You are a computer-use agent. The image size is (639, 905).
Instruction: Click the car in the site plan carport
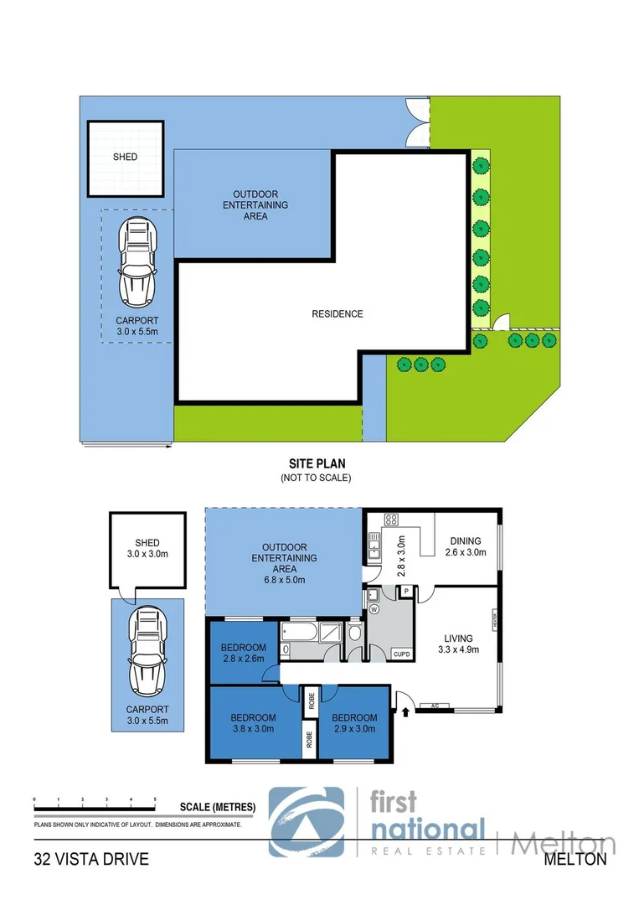[x=137, y=262]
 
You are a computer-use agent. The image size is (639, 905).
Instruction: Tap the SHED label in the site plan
[x=125, y=157]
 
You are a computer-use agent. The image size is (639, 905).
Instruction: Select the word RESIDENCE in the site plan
[x=338, y=314]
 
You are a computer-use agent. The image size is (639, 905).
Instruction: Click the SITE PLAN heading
[x=316, y=463]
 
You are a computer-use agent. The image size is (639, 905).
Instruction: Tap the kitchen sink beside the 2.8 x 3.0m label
[x=373, y=550]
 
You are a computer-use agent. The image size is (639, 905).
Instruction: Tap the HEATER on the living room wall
[x=496, y=620]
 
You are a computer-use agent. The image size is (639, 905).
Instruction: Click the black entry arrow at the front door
[x=406, y=712]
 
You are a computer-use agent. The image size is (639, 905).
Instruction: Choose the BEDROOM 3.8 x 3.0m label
[x=253, y=723]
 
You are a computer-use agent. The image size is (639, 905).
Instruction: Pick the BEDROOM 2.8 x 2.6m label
[x=243, y=653]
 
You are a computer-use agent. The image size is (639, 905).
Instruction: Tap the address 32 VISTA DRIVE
[x=91, y=859]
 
